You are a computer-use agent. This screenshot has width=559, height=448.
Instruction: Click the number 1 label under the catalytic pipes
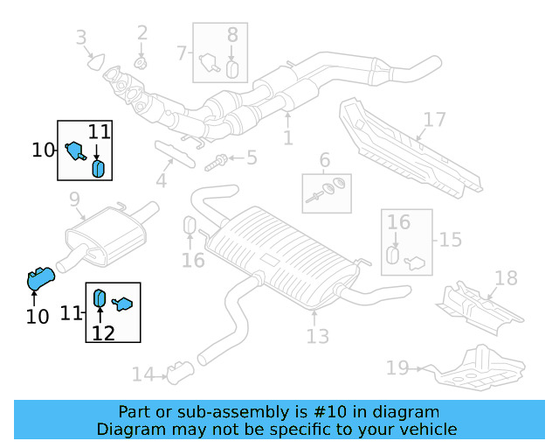click(287, 138)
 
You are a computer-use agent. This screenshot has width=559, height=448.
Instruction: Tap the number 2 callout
click(142, 34)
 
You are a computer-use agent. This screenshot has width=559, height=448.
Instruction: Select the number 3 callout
click(81, 38)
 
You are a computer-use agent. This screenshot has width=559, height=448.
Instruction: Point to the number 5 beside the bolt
click(252, 158)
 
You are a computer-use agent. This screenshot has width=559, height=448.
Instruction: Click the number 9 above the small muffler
click(75, 199)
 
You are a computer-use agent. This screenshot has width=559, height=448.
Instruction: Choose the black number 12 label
click(103, 332)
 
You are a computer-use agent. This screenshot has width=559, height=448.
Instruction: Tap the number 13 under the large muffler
click(318, 336)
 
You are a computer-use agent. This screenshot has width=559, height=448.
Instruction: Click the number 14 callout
click(142, 374)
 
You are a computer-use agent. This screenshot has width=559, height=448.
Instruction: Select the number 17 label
click(434, 120)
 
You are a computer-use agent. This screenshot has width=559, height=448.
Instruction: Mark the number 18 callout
click(506, 278)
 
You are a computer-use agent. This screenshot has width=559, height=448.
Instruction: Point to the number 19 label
click(397, 367)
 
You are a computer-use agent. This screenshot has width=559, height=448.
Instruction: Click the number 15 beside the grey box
click(451, 239)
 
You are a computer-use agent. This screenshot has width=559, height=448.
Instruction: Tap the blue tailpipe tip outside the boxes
click(40, 279)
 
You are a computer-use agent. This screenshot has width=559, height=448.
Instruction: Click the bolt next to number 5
click(218, 160)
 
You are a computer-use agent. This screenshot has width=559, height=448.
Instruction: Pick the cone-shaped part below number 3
click(95, 62)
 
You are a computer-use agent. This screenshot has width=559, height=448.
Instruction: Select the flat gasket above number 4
click(175, 151)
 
